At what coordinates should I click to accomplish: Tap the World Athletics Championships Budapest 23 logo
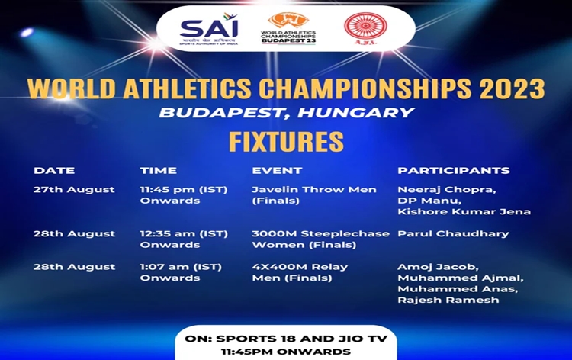[x=288, y=28]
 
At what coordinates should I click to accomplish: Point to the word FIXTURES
[x=286, y=142]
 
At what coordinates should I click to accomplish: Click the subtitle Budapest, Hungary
[x=286, y=113]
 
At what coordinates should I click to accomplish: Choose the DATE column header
[x=53, y=170]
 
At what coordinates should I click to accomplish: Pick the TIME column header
[x=158, y=170]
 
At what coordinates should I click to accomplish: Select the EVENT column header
[x=277, y=170]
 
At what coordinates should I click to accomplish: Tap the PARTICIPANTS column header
[x=453, y=170]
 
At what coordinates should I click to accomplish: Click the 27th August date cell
[x=74, y=189]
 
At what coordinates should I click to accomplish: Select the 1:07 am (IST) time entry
[x=178, y=267]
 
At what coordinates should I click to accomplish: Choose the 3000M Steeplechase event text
[x=320, y=233]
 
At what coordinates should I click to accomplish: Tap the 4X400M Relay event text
[x=300, y=267]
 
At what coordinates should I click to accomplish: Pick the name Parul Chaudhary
[x=453, y=233]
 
